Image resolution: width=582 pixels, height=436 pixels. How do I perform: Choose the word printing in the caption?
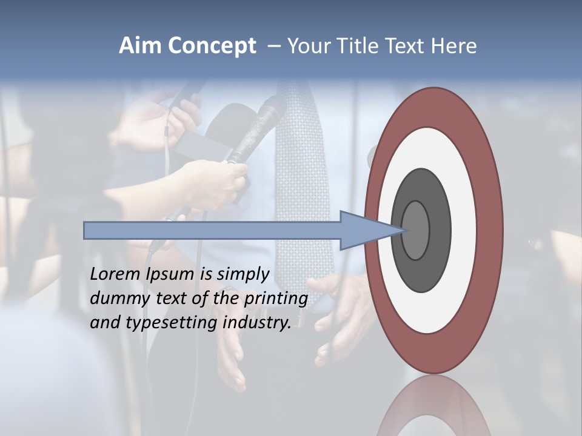click(275, 299)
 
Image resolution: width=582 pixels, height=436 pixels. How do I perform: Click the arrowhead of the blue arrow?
click(370, 230)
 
